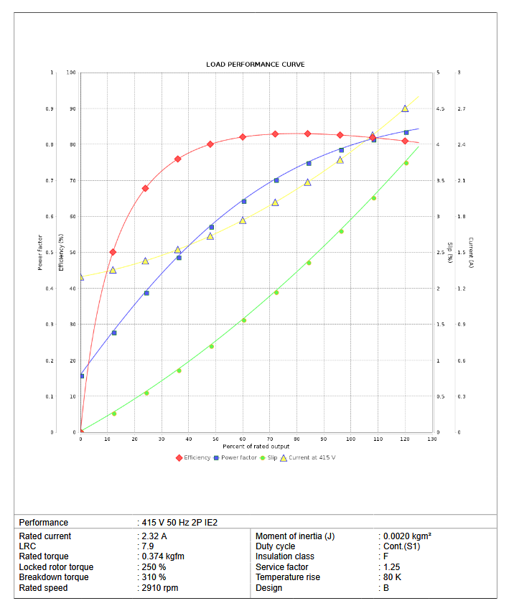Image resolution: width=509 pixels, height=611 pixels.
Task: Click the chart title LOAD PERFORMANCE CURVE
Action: tap(255, 65)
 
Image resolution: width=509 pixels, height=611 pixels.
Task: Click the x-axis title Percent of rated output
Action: tap(256, 446)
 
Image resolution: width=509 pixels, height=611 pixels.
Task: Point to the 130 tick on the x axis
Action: tap(432, 439)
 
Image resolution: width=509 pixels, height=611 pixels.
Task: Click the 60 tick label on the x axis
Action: tap(243, 439)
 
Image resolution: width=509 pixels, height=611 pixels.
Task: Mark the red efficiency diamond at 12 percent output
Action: tap(113, 252)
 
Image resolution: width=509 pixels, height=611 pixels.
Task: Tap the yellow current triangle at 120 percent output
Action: tap(405, 108)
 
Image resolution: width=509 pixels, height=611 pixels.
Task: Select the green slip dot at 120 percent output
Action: tap(406, 163)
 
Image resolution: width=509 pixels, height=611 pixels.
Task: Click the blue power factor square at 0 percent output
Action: tap(82, 376)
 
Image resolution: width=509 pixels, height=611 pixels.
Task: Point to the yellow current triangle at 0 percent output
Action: tap(81, 277)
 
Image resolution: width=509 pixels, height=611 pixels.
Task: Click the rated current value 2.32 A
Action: tap(154, 536)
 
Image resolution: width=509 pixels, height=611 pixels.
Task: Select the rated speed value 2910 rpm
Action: tap(159, 588)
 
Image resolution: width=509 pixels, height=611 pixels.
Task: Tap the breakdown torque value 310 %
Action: tap(154, 577)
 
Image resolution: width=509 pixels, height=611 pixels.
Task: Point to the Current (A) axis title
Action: tap(470, 252)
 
